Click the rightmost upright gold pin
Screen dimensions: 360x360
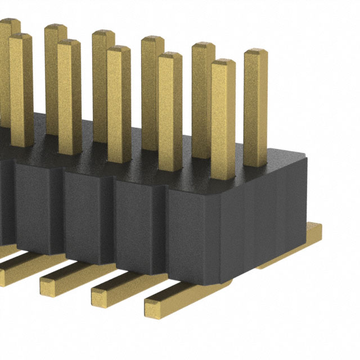[x=255, y=107]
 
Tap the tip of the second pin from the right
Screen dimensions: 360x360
[x=223, y=64]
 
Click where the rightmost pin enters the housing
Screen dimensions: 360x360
[x=255, y=164]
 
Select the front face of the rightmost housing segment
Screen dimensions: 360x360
[x=191, y=236]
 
